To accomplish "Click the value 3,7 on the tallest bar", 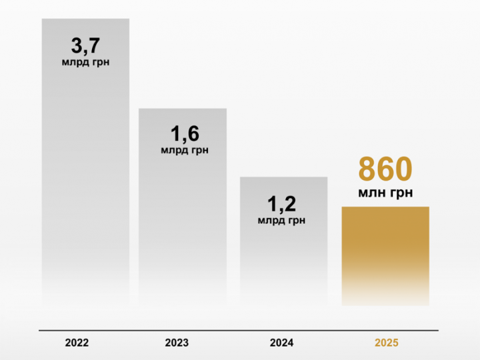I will tap(85, 47).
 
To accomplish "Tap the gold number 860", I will tap(385, 169).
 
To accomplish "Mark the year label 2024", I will tap(281, 343).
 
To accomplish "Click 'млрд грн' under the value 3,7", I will tap(85, 63).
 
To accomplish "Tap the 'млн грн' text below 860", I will tap(385, 193).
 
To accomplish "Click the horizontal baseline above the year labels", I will tap(239, 330).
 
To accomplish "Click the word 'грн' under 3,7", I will tap(98, 63).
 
